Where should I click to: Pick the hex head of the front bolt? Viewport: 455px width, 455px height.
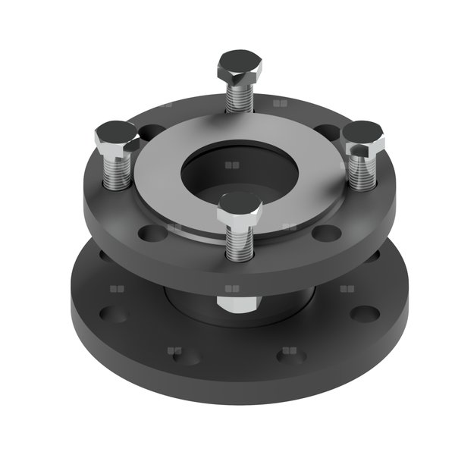(x=240, y=207)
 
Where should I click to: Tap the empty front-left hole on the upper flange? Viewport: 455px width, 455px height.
(x=152, y=231)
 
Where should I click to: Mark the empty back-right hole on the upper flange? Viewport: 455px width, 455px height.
(x=326, y=131)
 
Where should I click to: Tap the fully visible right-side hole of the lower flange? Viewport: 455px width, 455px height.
(x=365, y=313)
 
